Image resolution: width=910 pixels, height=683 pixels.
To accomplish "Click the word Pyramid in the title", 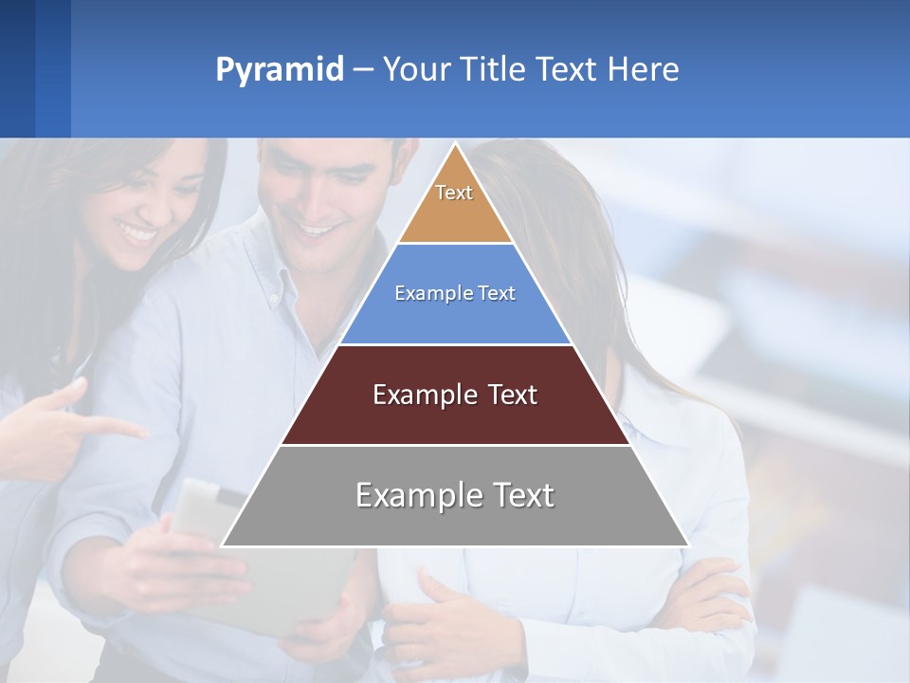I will (280, 70).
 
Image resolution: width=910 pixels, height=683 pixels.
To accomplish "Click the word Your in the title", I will (416, 70).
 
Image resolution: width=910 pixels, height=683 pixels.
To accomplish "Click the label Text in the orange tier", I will (454, 193).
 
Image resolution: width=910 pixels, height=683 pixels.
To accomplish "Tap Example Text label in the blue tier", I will (455, 293).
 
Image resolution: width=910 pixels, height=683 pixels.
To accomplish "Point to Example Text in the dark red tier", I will (455, 395).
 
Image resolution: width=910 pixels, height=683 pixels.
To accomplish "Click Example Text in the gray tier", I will (455, 495).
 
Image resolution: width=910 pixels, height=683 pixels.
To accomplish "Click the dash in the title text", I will (362, 70).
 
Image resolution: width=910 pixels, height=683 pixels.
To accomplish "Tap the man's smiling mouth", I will (318, 229).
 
